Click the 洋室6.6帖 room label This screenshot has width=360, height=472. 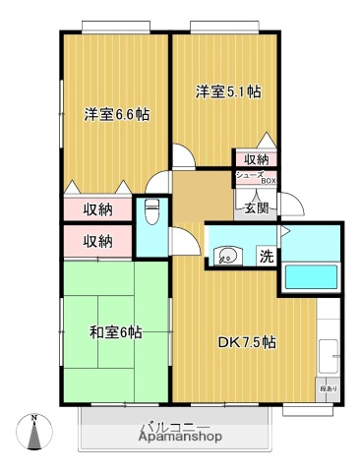pos(116,113)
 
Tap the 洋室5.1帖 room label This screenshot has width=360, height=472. pos(227,92)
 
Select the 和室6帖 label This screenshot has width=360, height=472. pos(115,332)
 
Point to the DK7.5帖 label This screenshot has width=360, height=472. pos(246,343)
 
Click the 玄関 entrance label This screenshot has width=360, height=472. pos(257,207)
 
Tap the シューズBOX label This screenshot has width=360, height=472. pos(255,177)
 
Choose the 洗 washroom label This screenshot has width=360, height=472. pos(266,258)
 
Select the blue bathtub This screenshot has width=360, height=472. pos(310,277)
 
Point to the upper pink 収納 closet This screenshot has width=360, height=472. pos(96,208)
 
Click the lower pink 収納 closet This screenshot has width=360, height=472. pos(96,241)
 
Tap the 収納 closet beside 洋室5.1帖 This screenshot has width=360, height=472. pos(255,159)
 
